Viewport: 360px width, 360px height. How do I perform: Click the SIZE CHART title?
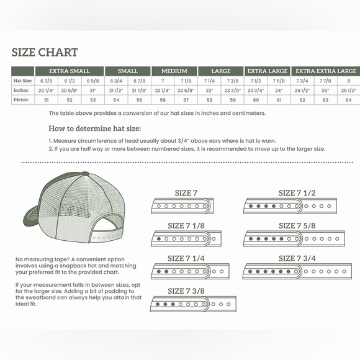[45, 53]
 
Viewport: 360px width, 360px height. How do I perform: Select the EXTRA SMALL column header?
[69, 71]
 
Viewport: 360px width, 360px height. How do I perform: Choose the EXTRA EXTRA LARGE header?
[325, 71]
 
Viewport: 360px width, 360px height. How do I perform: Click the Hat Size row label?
[23, 81]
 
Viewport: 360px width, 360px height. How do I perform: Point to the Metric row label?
[23, 99]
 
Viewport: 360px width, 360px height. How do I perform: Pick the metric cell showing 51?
[46, 99]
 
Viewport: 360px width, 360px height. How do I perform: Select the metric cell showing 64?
[348, 99]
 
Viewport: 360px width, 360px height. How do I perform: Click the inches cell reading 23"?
[209, 91]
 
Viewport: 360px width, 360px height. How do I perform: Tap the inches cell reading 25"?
[325, 91]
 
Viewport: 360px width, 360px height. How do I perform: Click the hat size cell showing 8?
[348, 81]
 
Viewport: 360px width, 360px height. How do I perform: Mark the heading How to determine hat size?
[94, 128]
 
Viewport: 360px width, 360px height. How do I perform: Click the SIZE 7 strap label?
[186, 193]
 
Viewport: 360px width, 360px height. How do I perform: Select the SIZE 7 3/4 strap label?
[297, 258]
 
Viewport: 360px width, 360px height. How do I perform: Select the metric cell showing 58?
[209, 99]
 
